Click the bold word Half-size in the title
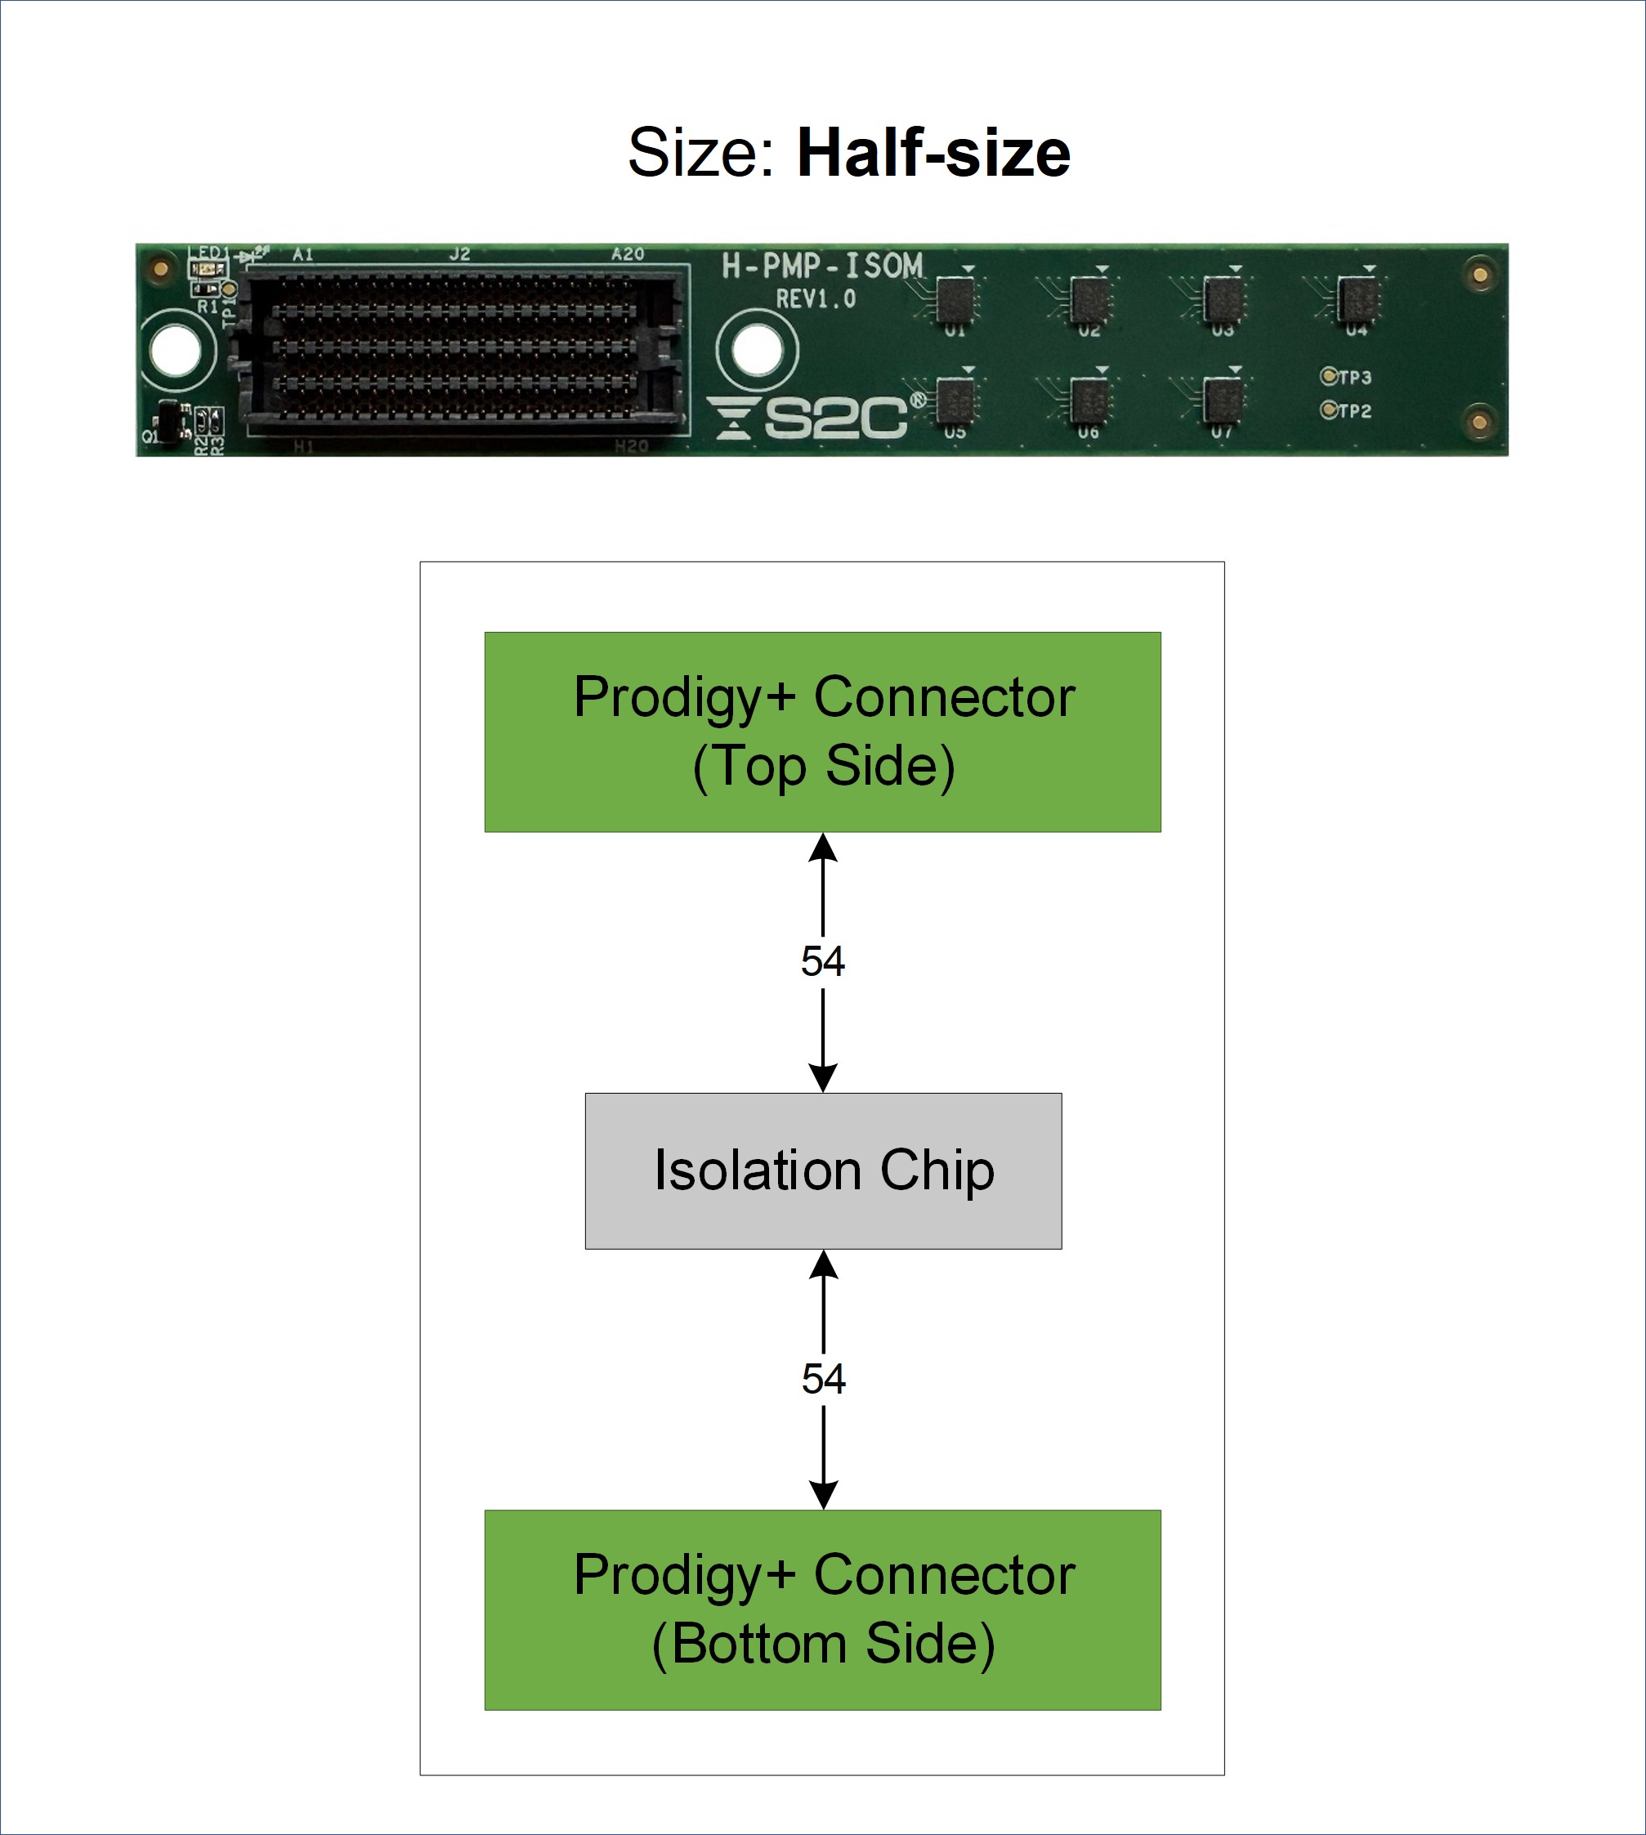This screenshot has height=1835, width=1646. pyautogui.click(x=933, y=152)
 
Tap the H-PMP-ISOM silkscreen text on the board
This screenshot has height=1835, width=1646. pyautogui.click(x=822, y=266)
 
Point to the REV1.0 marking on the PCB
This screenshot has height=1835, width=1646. pyautogui.click(x=815, y=299)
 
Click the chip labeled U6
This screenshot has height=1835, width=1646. pyautogui.click(x=1089, y=399)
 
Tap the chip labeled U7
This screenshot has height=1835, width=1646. pyautogui.click(x=1223, y=399)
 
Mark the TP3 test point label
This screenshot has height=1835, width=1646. pyautogui.click(x=1354, y=377)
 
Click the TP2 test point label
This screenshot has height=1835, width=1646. pyautogui.click(x=1354, y=410)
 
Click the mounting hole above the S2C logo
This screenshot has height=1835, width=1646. pyautogui.click(x=756, y=350)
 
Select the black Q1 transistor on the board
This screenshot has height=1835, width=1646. pyautogui.click(x=168, y=422)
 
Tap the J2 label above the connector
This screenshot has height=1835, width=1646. pyautogui.click(x=459, y=254)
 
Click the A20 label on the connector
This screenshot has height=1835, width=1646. pyautogui.click(x=627, y=254)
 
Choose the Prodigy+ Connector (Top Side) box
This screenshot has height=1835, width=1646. pyautogui.click(x=822, y=732)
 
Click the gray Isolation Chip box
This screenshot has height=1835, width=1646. pyautogui.click(x=823, y=1170)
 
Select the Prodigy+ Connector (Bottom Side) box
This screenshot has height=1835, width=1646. pyautogui.click(x=822, y=1609)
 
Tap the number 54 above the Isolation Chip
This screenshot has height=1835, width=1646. pyautogui.click(x=822, y=961)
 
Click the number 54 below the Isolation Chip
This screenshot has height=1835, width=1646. pyautogui.click(x=823, y=1379)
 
